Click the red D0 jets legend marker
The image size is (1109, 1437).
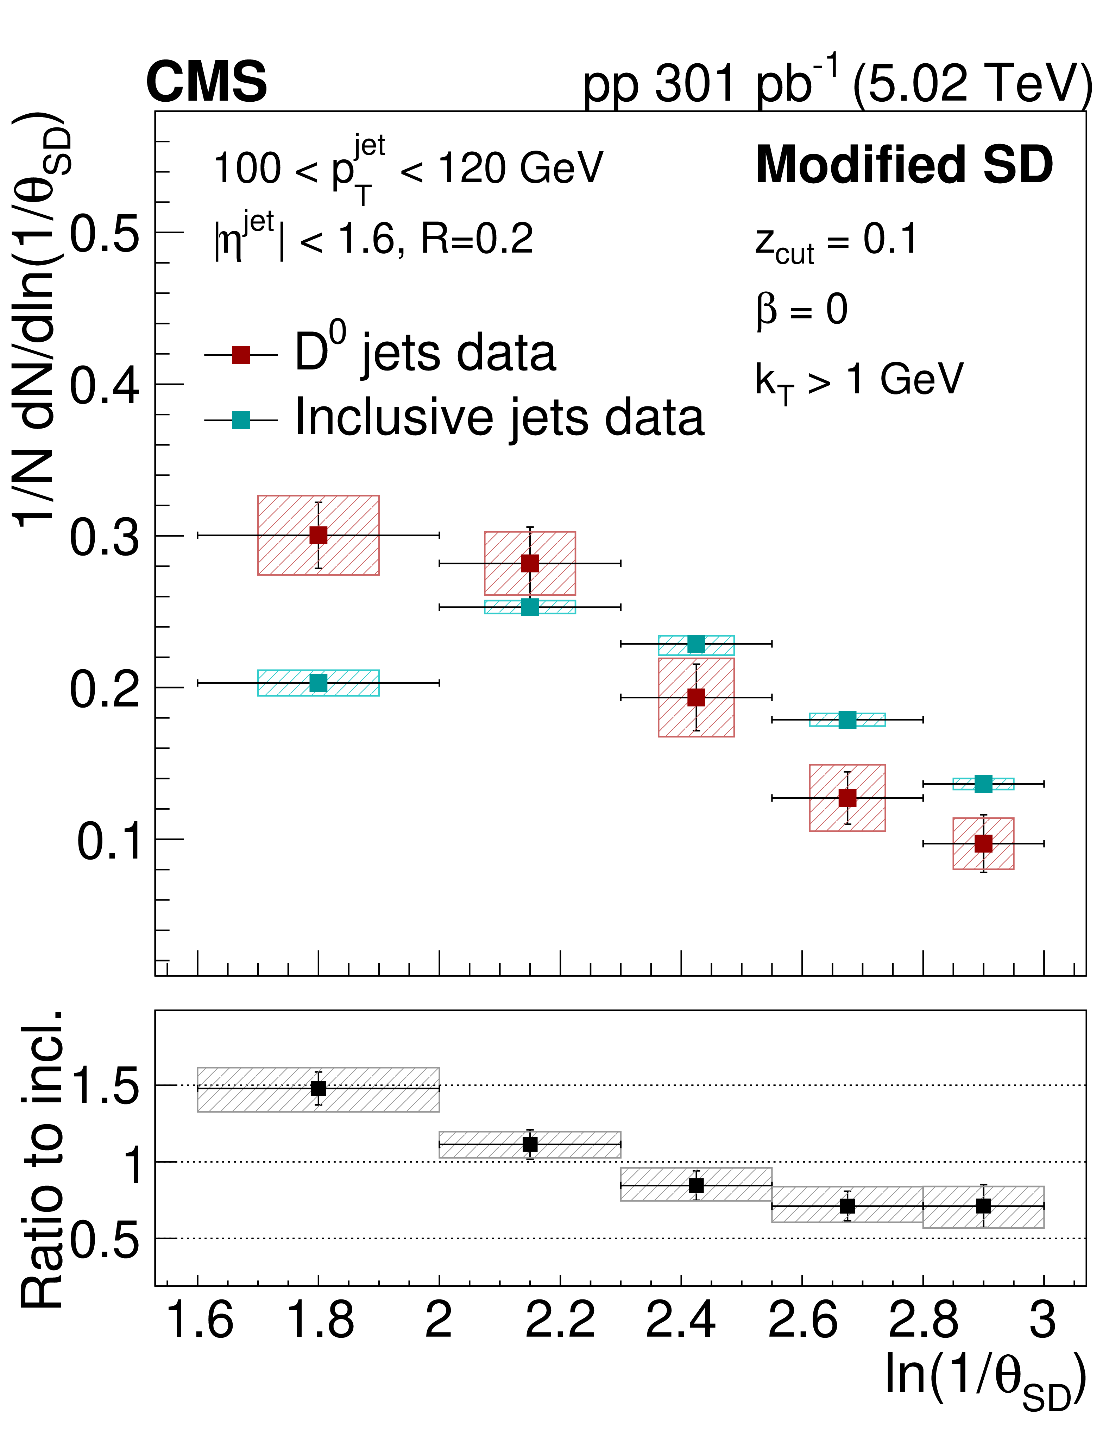(x=241, y=355)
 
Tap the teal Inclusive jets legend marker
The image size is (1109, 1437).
(x=241, y=420)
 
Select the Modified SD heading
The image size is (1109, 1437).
(x=904, y=164)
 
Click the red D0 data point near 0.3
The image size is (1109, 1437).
(x=319, y=535)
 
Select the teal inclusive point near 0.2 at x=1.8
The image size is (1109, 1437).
(x=319, y=683)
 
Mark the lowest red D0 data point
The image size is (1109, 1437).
(x=983, y=843)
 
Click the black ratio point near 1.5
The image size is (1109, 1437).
(x=319, y=1088)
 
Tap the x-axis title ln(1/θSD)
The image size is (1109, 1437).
(x=984, y=1379)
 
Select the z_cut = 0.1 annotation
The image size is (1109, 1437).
(x=836, y=241)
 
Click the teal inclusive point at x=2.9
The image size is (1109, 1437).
(x=983, y=784)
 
